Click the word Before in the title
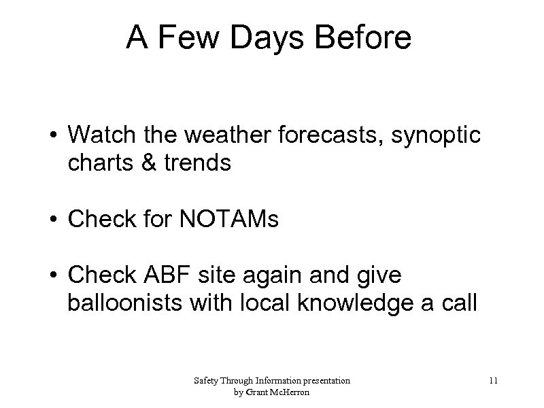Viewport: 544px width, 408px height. coord(371,39)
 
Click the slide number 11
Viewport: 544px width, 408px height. coord(493,381)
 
